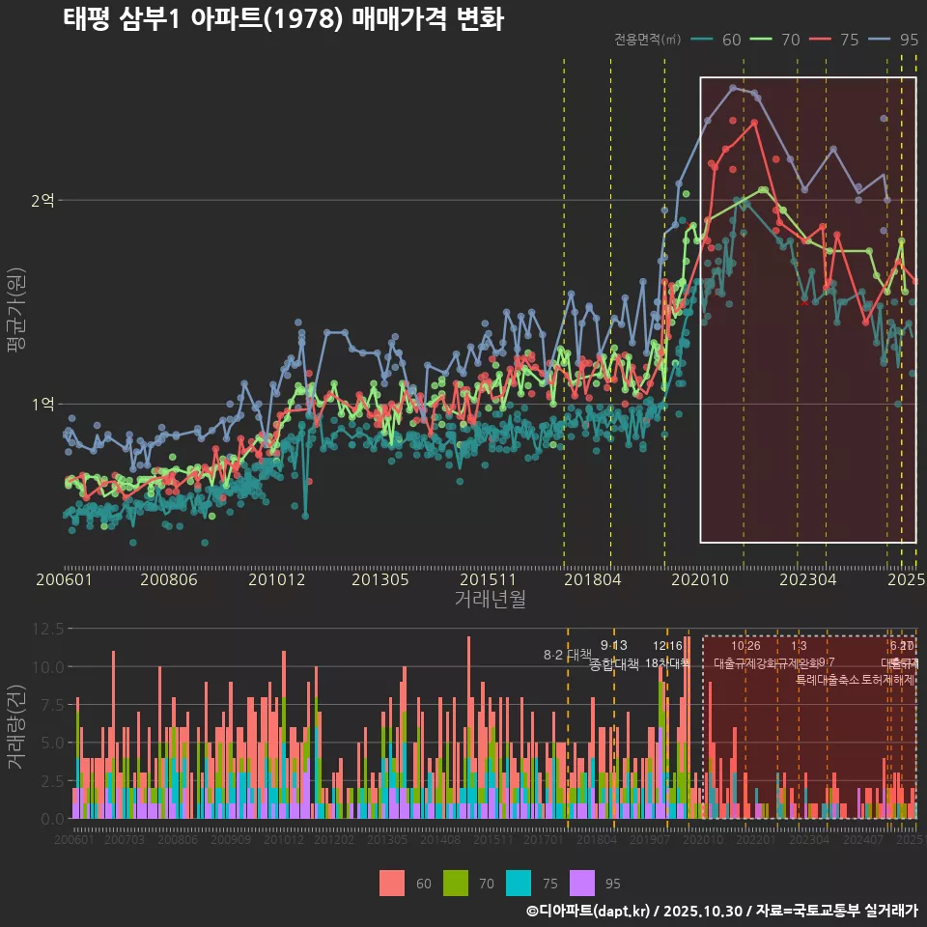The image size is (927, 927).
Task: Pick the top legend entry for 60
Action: (x=718, y=40)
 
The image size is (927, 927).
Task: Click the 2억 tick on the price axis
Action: (x=42, y=200)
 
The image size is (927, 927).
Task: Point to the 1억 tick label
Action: (x=42, y=404)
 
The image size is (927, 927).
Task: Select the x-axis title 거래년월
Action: (x=490, y=599)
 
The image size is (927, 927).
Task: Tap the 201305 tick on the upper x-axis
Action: (x=379, y=579)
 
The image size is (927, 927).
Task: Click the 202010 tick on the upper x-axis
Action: (x=699, y=579)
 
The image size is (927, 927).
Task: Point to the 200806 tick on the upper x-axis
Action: (x=169, y=579)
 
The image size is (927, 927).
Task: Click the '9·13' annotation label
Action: (x=613, y=645)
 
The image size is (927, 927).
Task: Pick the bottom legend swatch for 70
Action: (x=456, y=883)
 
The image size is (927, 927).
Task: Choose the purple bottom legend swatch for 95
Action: (x=582, y=883)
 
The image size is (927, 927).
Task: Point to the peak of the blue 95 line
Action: (x=733, y=87)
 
